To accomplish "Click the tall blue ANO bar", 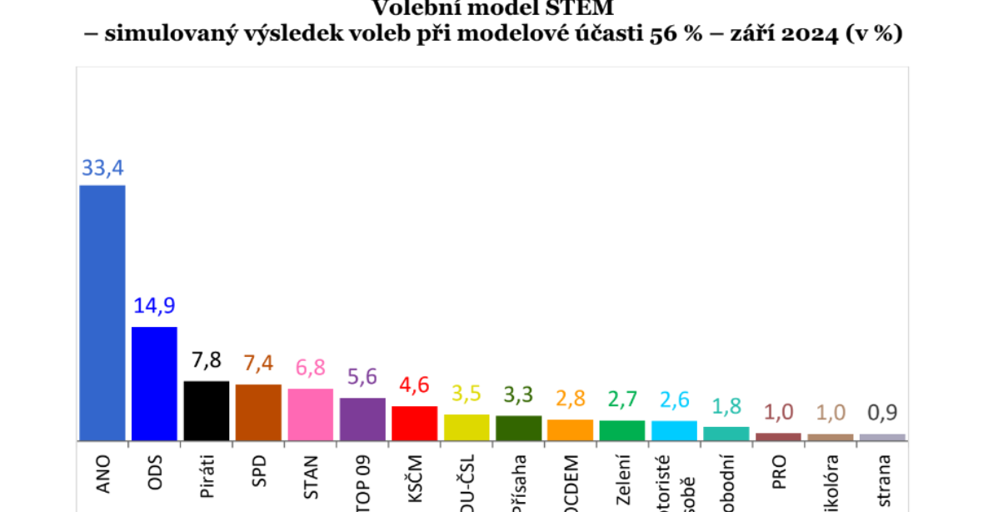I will click(102, 313).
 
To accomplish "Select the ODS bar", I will click(155, 384).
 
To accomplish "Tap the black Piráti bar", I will click(207, 410).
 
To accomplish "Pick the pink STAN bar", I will click(311, 414).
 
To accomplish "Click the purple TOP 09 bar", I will click(362, 419).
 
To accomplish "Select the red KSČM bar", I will click(415, 423).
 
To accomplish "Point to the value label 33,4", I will click(102, 168).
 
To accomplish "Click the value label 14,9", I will click(155, 306).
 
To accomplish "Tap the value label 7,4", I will click(258, 364).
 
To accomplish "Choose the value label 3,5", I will click(467, 394).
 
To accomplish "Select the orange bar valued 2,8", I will click(571, 429).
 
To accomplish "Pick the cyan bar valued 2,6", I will click(674, 430).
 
